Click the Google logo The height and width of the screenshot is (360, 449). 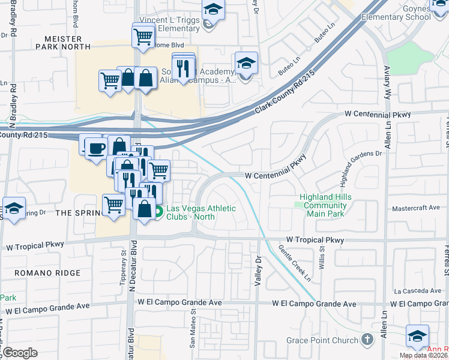19,353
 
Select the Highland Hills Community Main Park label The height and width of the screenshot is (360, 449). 324,205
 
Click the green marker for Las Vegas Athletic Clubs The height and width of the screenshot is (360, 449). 159,211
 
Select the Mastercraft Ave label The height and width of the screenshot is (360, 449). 420,209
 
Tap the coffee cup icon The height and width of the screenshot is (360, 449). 97,148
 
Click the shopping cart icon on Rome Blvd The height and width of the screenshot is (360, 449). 144,36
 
